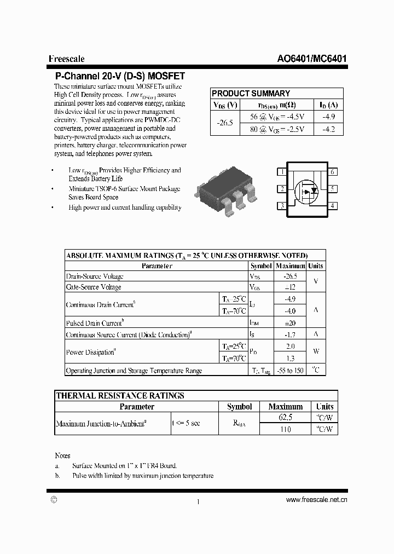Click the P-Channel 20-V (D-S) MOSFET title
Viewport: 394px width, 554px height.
(x=120, y=77)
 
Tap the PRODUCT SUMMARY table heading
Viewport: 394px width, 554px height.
(x=251, y=94)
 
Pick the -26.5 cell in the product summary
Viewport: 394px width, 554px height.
(x=224, y=123)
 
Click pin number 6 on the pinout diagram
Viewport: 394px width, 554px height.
(x=332, y=172)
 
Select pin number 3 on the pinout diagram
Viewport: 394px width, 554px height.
(x=282, y=206)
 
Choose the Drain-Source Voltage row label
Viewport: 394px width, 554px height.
(x=95, y=277)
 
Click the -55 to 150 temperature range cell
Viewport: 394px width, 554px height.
(x=290, y=371)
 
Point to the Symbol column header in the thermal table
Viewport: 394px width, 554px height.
(x=239, y=407)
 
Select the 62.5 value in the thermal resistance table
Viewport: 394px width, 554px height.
(x=286, y=418)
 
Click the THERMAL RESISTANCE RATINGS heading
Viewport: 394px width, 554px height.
(x=120, y=395)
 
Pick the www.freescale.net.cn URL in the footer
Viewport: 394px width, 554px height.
(x=316, y=500)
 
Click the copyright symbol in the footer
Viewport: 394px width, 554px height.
(x=53, y=500)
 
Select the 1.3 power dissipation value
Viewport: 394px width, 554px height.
(x=290, y=359)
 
